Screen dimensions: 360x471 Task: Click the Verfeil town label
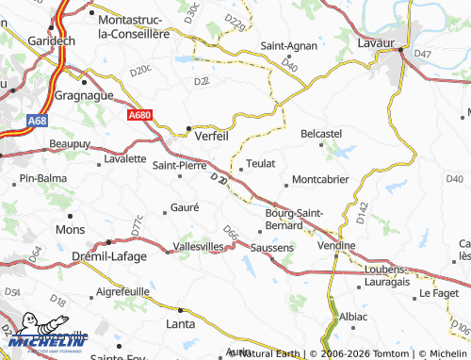(x=211, y=136)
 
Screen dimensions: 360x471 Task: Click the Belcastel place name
(x=320, y=134)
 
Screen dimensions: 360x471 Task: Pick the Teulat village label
(x=261, y=163)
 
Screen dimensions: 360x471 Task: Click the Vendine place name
(x=336, y=245)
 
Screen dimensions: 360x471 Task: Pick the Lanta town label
(x=181, y=324)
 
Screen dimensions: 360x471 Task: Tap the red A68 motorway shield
(x=37, y=121)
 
